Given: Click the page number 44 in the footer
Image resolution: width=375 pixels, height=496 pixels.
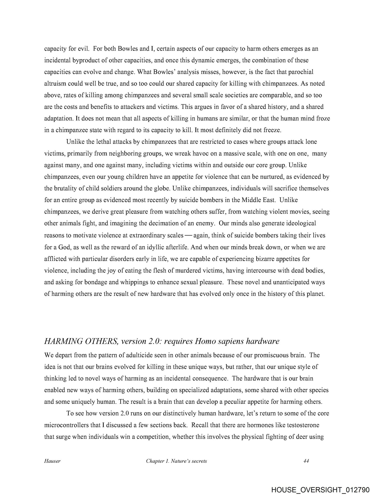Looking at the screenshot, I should click(x=306, y=461).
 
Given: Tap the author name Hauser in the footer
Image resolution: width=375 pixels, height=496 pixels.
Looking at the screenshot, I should click(x=52, y=461).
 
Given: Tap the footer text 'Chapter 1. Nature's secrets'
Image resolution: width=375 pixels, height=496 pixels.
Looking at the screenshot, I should click(x=176, y=461).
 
